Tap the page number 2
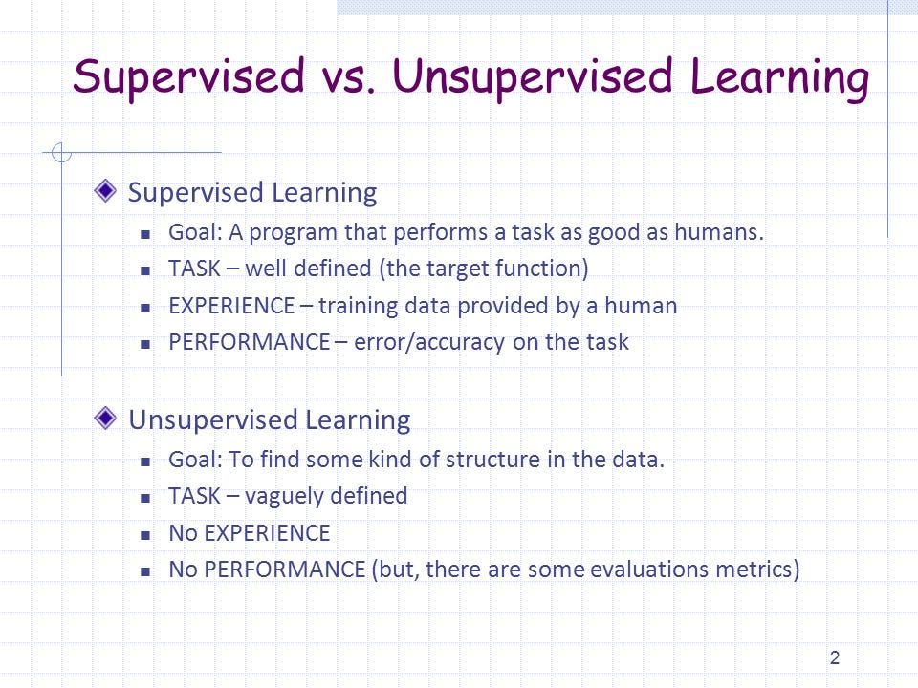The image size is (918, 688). click(835, 657)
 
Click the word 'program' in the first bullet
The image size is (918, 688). click(294, 233)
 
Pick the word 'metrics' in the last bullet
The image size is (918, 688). click(759, 570)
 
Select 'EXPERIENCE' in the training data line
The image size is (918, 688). click(231, 306)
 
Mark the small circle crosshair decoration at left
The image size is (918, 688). click(62, 152)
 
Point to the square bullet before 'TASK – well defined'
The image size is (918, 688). click(146, 270)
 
